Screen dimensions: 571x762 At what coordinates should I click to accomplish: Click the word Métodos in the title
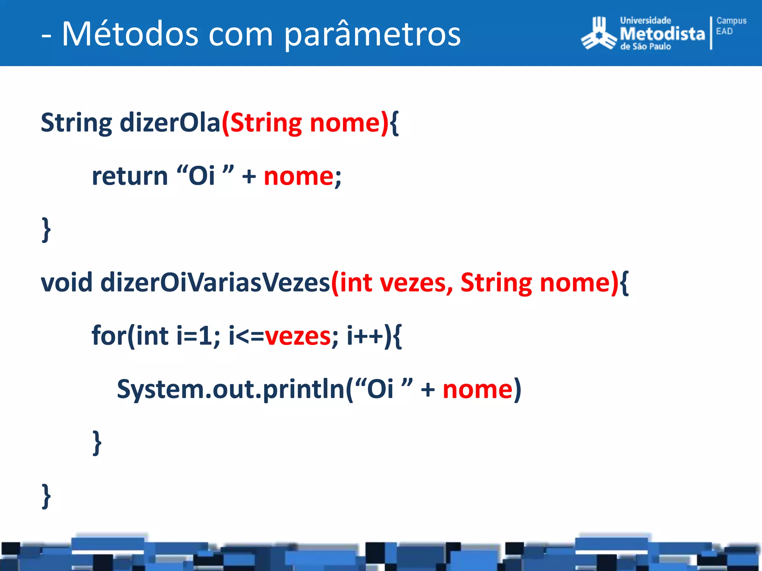(x=130, y=34)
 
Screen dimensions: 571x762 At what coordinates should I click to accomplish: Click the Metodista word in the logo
(x=662, y=34)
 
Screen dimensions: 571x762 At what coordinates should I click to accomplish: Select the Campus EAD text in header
(x=731, y=26)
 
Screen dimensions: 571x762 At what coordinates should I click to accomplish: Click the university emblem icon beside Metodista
(x=598, y=34)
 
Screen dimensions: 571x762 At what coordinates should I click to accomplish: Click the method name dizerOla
(x=170, y=123)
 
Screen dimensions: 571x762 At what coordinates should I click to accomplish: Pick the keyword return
(x=130, y=176)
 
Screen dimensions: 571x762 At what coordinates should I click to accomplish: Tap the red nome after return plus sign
(x=299, y=176)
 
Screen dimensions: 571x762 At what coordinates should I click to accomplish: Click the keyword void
(x=66, y=283)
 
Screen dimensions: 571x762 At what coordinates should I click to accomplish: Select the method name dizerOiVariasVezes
(x=215, y=283)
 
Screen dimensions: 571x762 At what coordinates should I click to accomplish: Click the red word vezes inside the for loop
(x=297, y=336)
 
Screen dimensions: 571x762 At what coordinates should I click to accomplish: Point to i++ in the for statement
(x=365, y=336)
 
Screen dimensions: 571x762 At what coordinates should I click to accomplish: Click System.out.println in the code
(x=231, y=389)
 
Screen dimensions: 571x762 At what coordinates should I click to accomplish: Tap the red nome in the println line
(x=478, y=389)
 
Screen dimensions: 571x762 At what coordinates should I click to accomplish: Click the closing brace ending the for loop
(x=97, y=442)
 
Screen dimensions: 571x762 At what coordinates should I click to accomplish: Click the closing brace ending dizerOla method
(x=46, y=229)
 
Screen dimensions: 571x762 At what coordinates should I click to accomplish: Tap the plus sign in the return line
(x=249, y=176)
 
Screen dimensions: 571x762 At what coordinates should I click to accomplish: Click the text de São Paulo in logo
(x=645, y=47)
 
